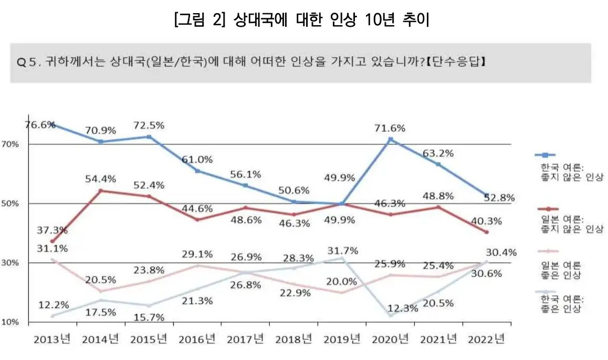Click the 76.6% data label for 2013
coord(40,125)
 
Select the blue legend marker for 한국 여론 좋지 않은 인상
coord(545,155)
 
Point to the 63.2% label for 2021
coord(438,153)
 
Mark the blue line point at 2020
coord(390,140)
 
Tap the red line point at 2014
coord(100,190)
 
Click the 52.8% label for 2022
coord(499,198)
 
